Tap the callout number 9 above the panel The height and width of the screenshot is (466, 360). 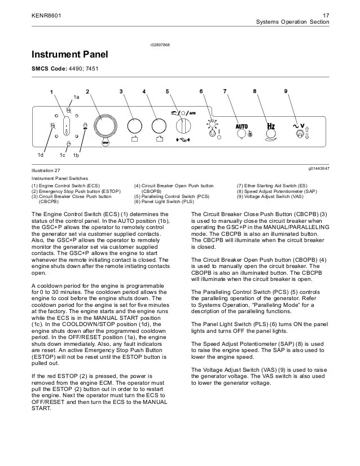point(286,91)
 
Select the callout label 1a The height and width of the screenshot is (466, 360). point(77,98)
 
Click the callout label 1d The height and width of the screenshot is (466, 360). point(40,154)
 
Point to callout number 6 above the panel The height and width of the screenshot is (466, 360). point(201,91)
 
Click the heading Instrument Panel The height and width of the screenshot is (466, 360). point(69,55)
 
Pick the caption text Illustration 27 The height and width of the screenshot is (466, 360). point(46,170)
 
